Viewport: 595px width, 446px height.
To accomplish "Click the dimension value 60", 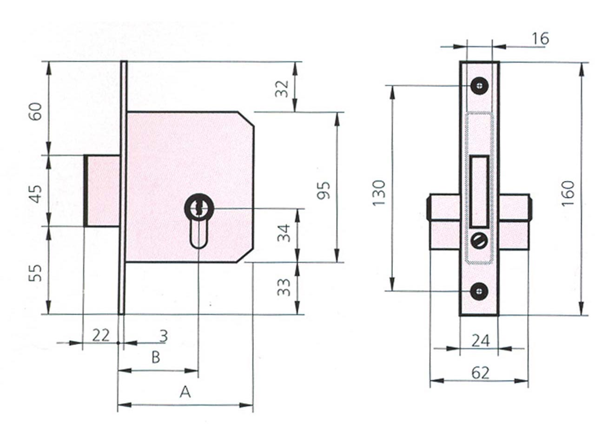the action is [36, 111].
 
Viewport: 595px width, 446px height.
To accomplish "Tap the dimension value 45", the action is [36, 194].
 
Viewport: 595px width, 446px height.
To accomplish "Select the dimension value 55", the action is [36, 273].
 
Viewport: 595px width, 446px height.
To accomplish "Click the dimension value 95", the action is [324, 190].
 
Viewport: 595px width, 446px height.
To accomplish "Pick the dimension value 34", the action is [284, 233].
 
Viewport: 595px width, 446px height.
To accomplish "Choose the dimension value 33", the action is [284, 287].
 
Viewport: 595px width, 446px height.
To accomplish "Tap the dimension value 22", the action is [101, 335].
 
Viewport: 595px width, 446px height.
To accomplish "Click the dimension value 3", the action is [164, 336].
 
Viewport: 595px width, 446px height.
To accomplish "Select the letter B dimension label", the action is [156, 357].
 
